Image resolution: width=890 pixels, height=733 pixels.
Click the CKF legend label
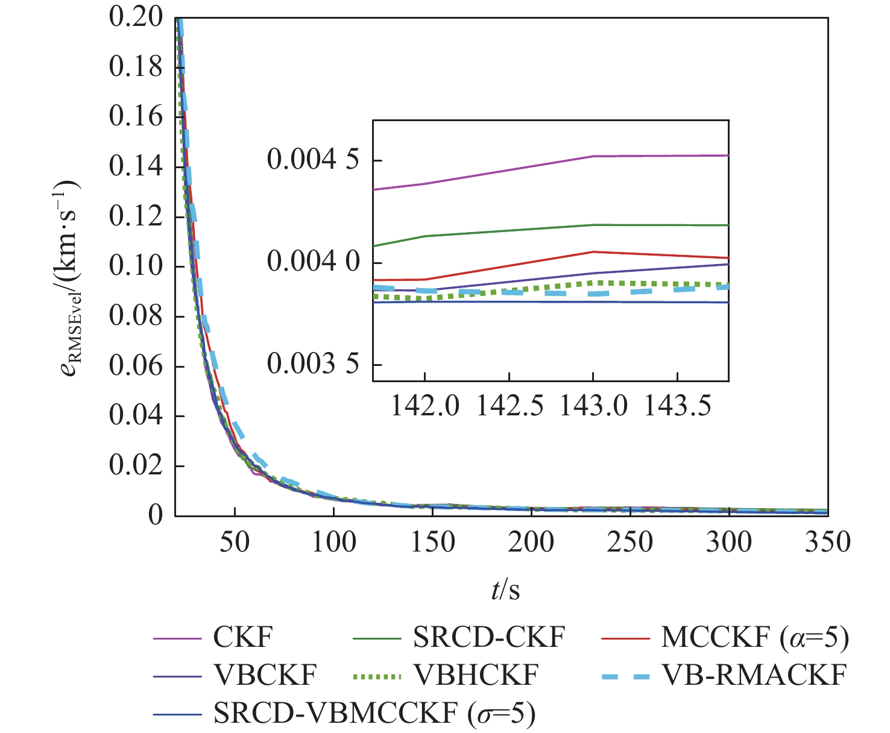click(243, 637)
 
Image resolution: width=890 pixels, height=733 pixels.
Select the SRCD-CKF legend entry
click(489, 637)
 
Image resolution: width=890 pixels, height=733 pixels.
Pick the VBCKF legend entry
click(265, 675)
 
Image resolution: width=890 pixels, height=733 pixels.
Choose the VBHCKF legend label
click(476, 675)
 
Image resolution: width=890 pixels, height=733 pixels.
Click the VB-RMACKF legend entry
click(754, 675)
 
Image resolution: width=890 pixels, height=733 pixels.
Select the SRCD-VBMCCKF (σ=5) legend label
click(374, 714)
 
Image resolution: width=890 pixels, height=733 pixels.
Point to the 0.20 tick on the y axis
click(136, 17)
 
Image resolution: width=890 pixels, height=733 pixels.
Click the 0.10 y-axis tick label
click(136, 266)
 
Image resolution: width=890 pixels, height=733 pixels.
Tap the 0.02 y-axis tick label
click(136, 466)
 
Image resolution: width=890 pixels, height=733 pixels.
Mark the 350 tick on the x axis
click(827, 543)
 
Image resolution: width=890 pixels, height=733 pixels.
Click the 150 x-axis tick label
click(432, 543)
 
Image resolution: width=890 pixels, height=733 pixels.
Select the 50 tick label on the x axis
click(234, 543)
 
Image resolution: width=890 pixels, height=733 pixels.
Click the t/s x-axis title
click(505, 590)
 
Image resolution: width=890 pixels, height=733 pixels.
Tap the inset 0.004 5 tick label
click(312, 160)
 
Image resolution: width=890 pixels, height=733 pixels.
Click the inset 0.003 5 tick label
click(312, 364)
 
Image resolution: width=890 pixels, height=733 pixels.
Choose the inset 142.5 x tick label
click(510, 406)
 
